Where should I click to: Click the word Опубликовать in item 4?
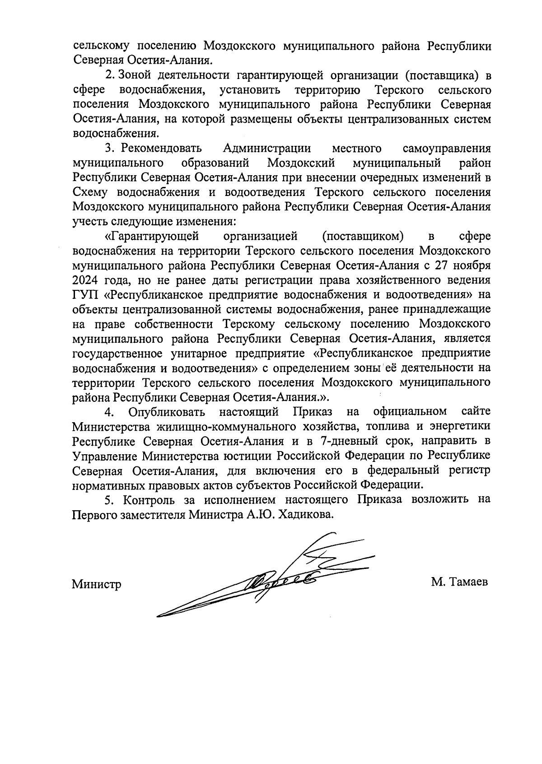167,412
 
